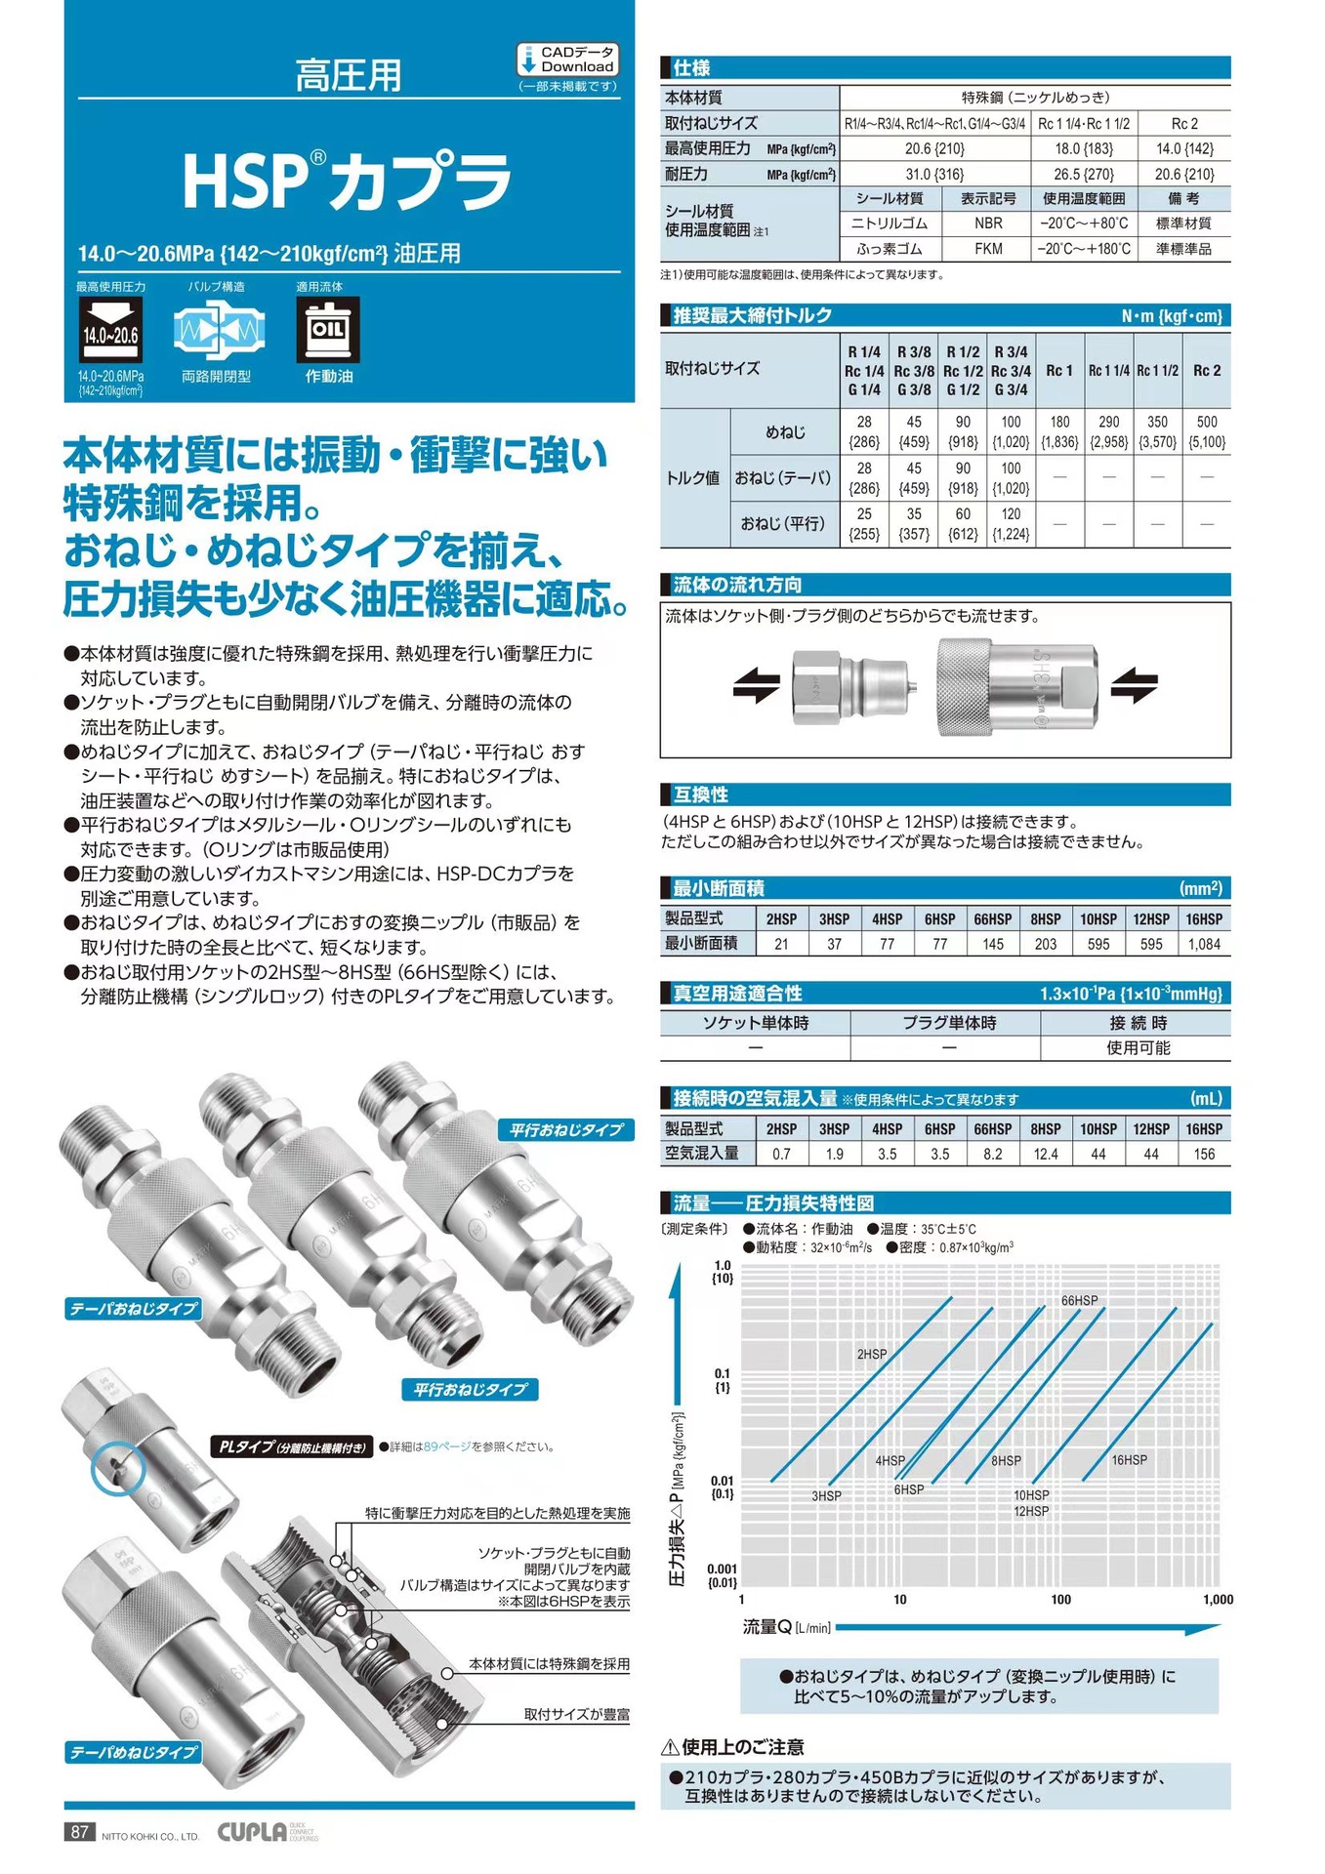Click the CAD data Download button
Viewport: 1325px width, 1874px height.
(x=567, y=60)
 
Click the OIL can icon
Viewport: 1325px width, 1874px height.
(x=328, y=329)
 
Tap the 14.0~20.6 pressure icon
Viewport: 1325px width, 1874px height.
(x=110, y=330)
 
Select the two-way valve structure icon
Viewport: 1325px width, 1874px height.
(x=219, y=330)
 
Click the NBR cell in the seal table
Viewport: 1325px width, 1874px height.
(x=988, y=224)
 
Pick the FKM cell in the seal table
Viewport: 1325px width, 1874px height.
(x=988, y=249)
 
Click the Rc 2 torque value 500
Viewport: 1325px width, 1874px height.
(x=1207, y=431)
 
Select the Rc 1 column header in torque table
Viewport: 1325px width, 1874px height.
(x=1059, y=371)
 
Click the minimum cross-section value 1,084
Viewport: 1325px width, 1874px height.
(x=1204, y=944)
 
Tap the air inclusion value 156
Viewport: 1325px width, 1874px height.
(x=1204, y=1154)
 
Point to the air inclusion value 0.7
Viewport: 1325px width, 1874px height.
(x=781, y=1154)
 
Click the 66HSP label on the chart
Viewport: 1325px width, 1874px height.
(x=1079, y=1300)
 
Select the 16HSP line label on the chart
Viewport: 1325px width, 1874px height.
(x=1129, y=1460)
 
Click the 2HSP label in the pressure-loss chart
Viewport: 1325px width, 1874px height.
(x=872, y=1354)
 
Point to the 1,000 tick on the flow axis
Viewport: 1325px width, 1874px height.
(x=1218, y=1600)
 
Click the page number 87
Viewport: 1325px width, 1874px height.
(x=79, y=1832)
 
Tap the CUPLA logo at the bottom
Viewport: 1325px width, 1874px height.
(x=252, y=1832)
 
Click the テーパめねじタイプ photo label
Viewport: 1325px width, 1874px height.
(x=134, y=1752)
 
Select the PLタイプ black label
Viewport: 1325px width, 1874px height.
(x=292, y=1446)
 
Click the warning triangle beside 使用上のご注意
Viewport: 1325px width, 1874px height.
(x=670, y=1747)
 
